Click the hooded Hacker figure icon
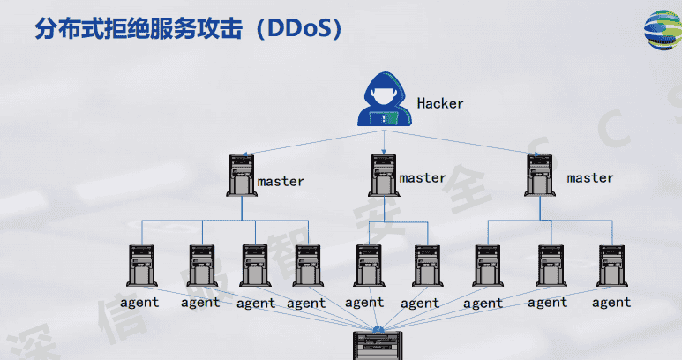[383, 99]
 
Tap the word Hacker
[439, 103]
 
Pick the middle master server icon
[383, 174]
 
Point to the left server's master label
[281, 182]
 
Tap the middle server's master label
[423, 178]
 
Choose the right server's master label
[589, 178]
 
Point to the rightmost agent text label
[611, 303]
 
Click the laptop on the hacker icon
[383, 116]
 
